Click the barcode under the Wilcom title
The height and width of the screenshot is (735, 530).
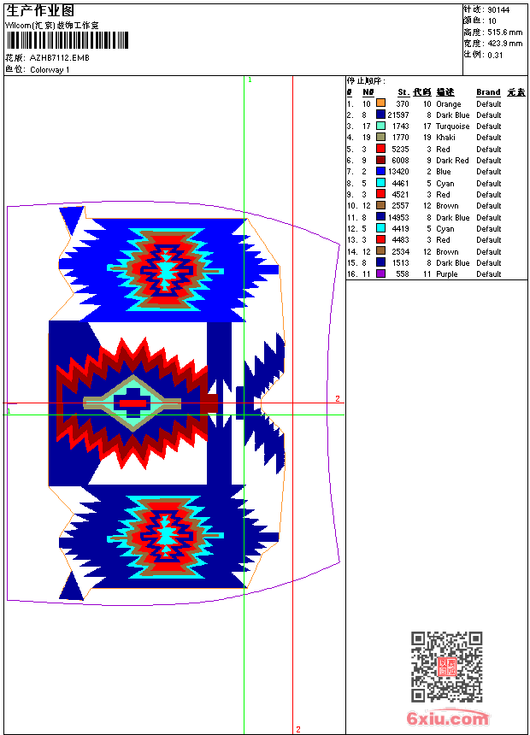[67, 40]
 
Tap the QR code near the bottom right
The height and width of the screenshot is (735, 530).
[447, 666]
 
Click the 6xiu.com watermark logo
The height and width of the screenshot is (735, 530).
[447, 718]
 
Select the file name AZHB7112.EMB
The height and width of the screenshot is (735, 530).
[60, 58]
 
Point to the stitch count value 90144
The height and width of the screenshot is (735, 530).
[498, 10]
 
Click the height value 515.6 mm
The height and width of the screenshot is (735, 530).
[504, 32]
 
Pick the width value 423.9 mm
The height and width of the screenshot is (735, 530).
[504, 44]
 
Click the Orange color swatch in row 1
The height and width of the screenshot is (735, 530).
[381, 103]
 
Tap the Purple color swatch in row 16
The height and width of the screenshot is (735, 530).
[381, 273]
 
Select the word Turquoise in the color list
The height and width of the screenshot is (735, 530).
[452, 126]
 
